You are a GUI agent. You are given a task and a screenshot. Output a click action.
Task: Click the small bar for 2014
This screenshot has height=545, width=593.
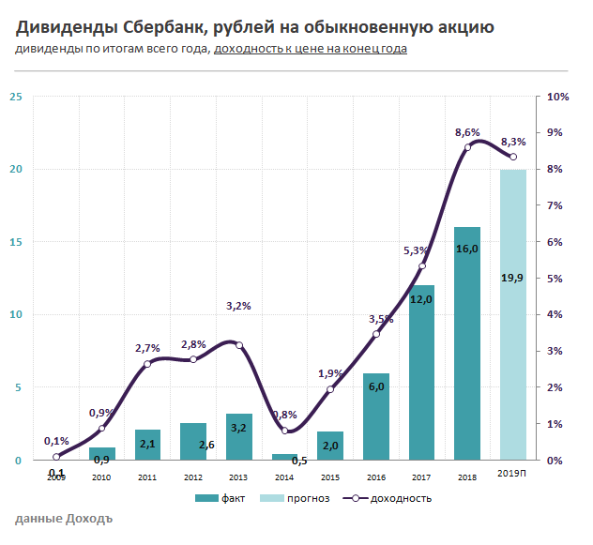(284, 457)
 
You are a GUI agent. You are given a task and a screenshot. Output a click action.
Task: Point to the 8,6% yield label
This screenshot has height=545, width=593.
(467, 132)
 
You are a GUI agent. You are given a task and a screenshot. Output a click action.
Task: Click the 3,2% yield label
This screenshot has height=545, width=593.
(239, 306)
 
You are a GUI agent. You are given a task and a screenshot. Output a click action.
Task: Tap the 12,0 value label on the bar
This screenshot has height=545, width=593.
(421, 299)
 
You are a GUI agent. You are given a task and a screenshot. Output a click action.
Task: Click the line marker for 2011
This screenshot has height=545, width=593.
(148, 364)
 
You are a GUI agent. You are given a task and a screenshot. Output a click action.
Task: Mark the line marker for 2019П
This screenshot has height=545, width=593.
(512, 157)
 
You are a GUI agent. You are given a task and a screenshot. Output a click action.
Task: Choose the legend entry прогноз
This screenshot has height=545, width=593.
(301, 498)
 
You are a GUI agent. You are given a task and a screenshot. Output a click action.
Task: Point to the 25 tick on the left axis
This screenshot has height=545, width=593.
(15, 97)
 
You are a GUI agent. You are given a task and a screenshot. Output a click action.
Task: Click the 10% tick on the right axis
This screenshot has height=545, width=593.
(557, 97)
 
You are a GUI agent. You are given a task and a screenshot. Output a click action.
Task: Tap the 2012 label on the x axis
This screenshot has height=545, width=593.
(193, 477)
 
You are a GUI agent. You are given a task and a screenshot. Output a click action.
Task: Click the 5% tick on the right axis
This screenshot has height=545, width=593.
(555, 279)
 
